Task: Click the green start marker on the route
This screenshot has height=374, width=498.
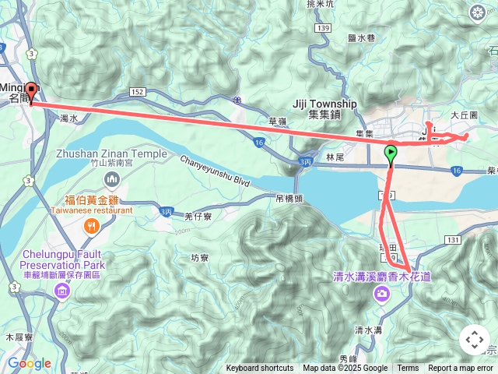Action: (x=391, y=154)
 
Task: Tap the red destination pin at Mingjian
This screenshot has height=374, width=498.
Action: (x=31, y=90)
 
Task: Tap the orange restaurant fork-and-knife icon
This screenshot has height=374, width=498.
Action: (x=92, y=227)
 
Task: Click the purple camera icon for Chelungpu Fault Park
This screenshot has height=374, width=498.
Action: (x=61, y=291)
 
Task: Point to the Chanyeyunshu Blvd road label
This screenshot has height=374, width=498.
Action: (x=216, y=171)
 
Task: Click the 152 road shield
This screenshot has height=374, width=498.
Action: (x=138, y=92)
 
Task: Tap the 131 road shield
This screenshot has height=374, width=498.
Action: (x=452, y=239)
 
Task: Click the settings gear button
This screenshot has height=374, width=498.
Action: (x=477, y=12)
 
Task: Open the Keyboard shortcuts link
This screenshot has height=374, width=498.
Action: (x=260, y=369)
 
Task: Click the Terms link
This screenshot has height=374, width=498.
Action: (x=408, y=369)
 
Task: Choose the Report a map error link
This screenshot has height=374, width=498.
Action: (x=461, y=369)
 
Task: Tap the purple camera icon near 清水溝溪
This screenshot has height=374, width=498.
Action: (x=382, y=293)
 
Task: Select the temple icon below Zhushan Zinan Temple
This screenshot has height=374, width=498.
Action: (x=111, y=180)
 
